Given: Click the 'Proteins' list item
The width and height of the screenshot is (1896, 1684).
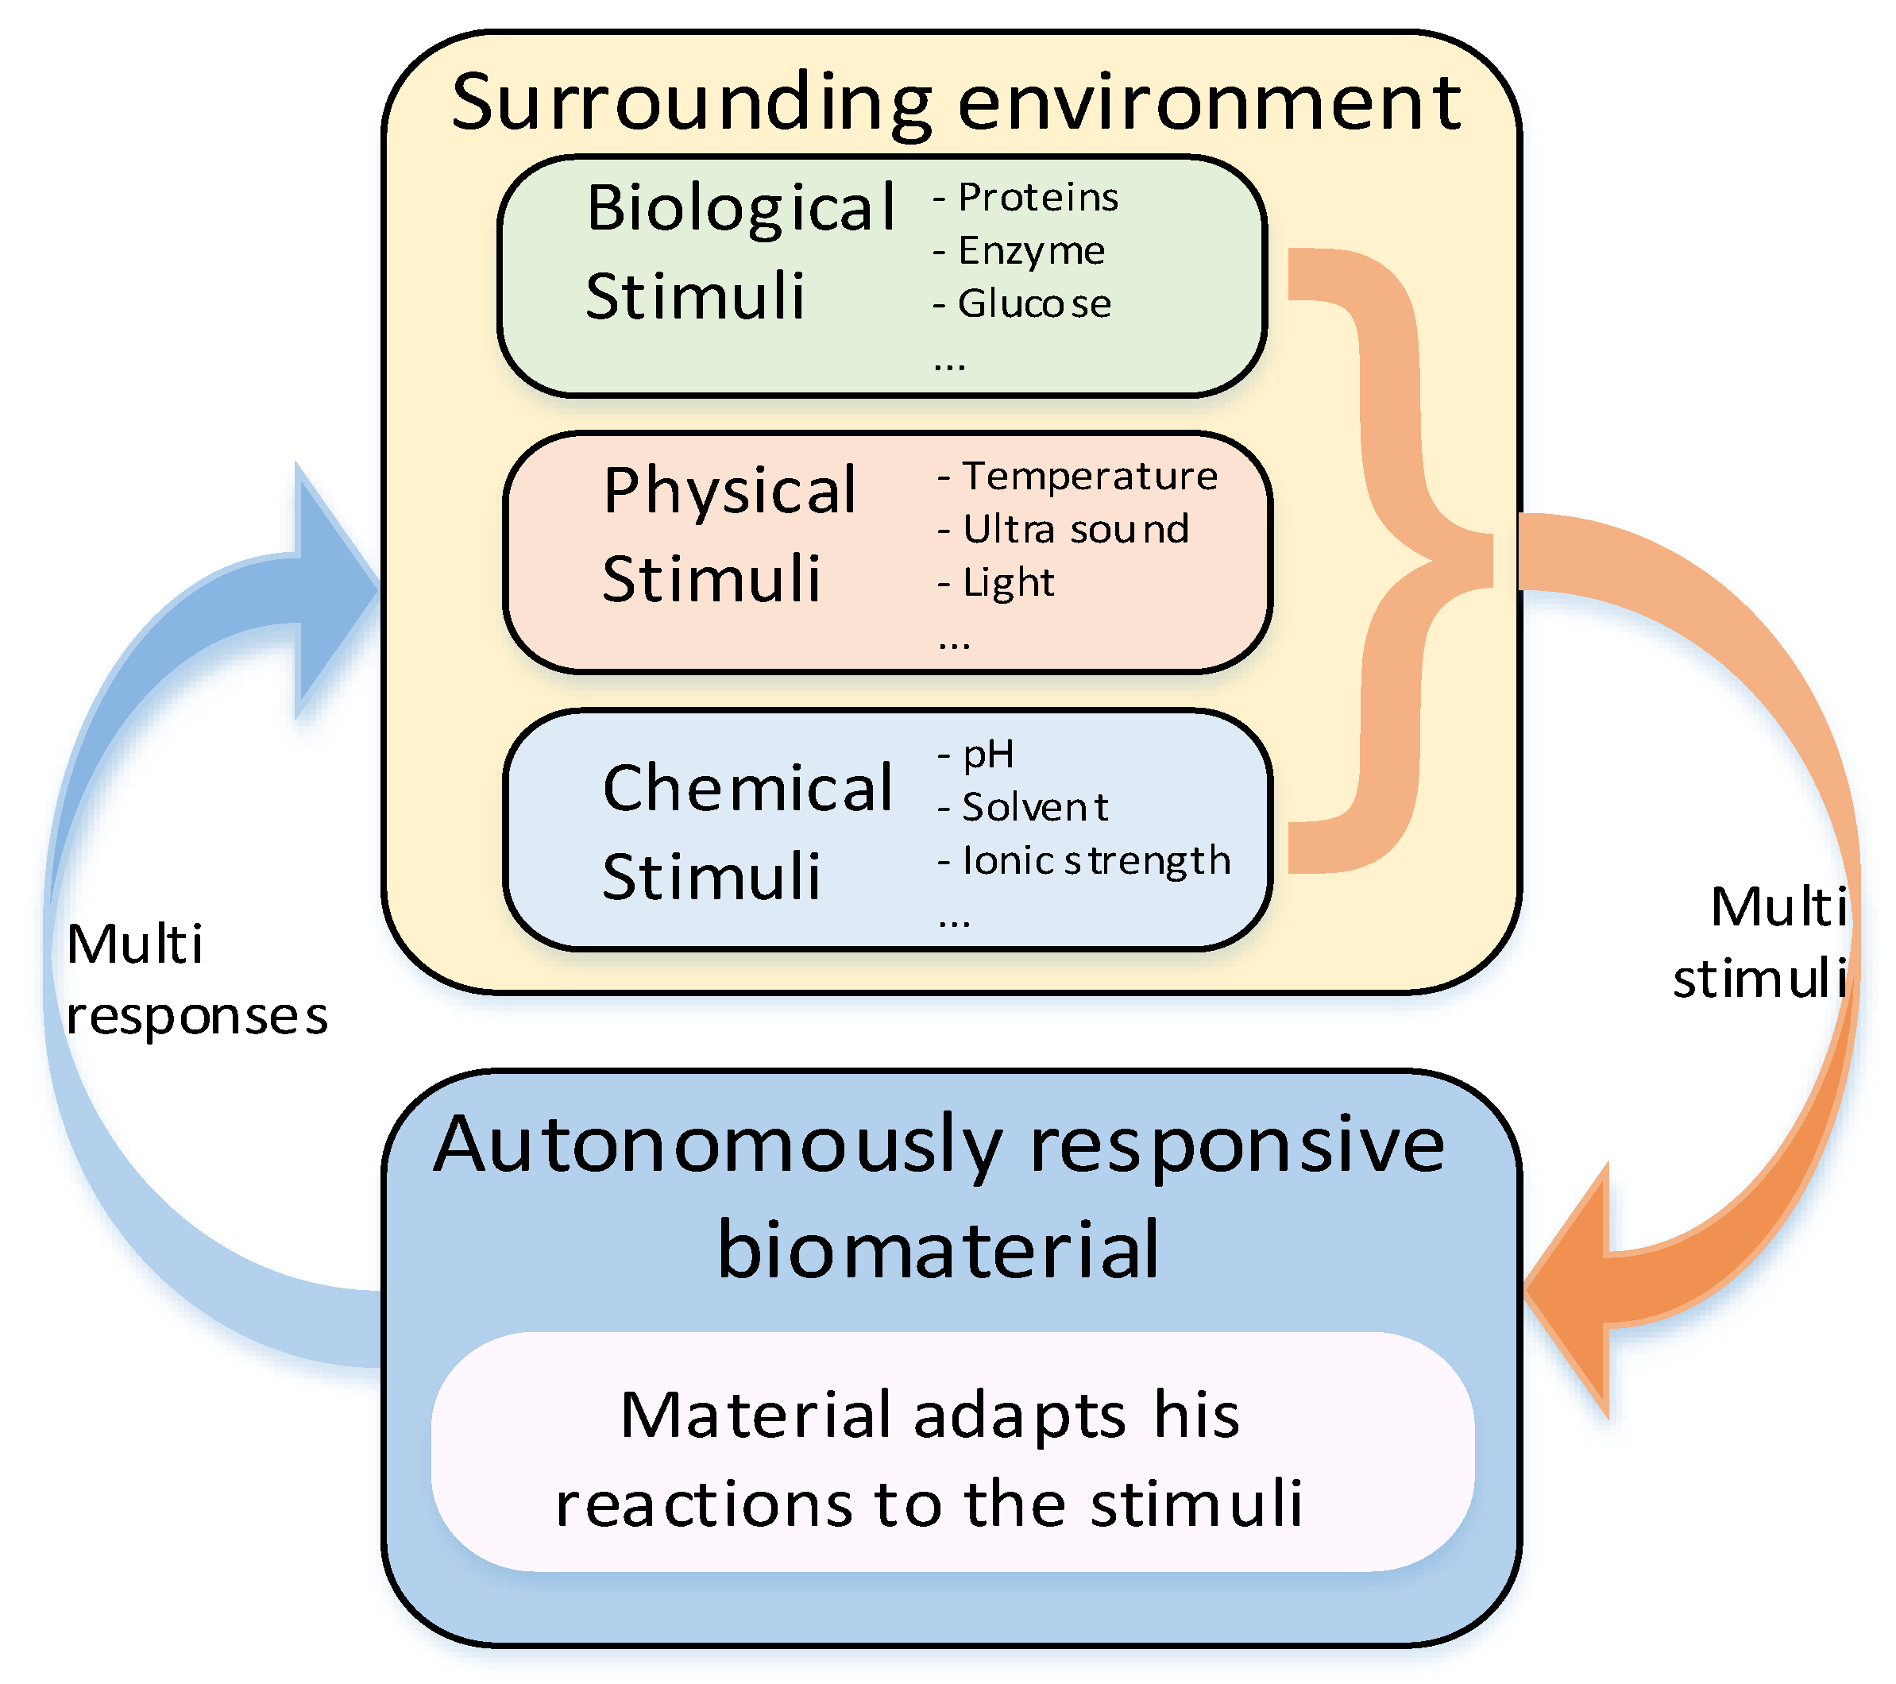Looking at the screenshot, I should [x=1037, y=198].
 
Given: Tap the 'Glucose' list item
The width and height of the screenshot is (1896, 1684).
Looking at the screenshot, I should [x=1033, y=303].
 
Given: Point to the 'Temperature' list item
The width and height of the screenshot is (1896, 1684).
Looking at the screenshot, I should [x=1089, y=476].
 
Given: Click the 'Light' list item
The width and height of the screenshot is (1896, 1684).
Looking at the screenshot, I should [x=1007, y=583].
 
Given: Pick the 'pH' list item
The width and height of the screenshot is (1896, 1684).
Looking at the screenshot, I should [x=988, y=755].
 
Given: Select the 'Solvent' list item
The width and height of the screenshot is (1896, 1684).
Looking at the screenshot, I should [x=1034, y=807].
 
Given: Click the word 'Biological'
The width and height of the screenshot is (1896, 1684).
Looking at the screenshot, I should [x=741, y=208].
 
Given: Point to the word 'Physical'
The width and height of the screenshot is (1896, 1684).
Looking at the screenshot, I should [x=730, y=490].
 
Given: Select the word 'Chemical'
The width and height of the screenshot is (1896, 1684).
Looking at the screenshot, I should [x=747, y=788].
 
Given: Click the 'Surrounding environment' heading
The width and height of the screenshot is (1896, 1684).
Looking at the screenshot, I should [x=956, y=102].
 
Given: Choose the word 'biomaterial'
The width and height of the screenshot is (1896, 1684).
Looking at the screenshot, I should [x=938, y=1249].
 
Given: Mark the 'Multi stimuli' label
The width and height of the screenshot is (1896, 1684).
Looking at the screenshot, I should [x=1759, y=942].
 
